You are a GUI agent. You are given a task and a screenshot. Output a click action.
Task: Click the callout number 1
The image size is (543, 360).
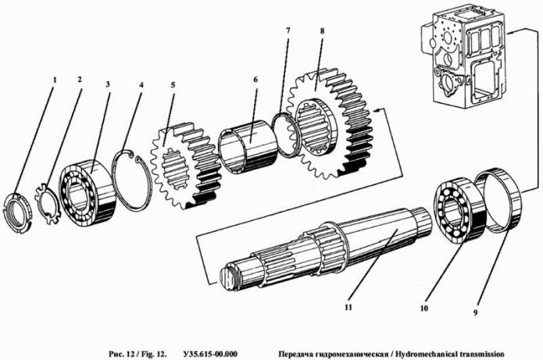pyautogui.click(x=53, y=80)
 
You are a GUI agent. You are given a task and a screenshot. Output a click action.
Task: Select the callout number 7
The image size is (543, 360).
pyautogui.click(x=288, y=32)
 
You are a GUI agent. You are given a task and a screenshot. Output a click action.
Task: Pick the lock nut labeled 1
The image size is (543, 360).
pyautogui.click(x=18, y=210)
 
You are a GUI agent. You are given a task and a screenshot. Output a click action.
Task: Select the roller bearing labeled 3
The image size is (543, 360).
pyautogui.click(x=88, y=191)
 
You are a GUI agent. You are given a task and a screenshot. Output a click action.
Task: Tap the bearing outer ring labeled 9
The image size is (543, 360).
pyautogui.click(x=500, y=198)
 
